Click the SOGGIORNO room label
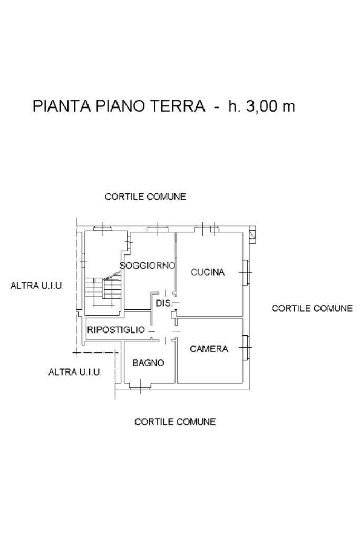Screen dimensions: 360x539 pos(148,266)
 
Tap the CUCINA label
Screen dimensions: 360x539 pos(208,272)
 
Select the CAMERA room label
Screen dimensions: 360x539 pos(209,349)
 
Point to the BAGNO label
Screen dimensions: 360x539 pos(148,362)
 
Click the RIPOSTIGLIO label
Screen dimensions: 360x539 pos(116,330)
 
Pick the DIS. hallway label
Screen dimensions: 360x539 pos(164,303)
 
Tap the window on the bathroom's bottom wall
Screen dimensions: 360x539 pos(141,386)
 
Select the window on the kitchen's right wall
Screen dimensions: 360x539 pos(246,272)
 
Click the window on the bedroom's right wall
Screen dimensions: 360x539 pos(246,347)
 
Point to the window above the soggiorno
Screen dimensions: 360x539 pos(158,229)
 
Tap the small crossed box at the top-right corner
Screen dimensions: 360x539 pos(253,234)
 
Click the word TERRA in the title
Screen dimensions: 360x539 pos(179,106)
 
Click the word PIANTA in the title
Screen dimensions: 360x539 pos(62,106)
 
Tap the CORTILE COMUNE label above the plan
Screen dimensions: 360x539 pos(145,197)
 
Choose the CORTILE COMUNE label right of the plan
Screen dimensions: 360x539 pos(312,308)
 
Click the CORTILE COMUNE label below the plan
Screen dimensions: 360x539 pos(175,422)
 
